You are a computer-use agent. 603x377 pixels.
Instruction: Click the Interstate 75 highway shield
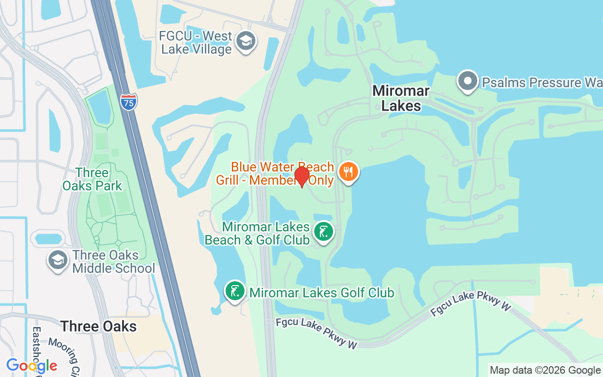(x=129, y=102)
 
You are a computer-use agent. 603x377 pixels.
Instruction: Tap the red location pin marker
(x=301, y=177)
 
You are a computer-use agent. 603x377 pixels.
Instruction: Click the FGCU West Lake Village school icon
(x=245, y=41)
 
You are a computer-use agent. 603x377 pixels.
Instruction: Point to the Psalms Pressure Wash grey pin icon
(x=467, y=82)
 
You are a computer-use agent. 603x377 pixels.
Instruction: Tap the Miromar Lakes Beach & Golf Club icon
(x=323, y=232)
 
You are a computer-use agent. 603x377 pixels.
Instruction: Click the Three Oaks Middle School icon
(x=58, y=260)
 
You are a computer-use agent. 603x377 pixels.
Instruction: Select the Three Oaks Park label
(x=92, y=179)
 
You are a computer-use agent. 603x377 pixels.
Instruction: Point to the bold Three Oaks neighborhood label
(x=98, y=326)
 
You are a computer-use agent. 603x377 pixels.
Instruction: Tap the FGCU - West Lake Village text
(x=196, y=42)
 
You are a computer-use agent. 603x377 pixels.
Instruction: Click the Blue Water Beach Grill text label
(x=275, y=173)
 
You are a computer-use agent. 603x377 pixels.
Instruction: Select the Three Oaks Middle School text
(x=114, y=262)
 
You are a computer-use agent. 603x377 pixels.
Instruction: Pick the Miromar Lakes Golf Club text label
(x=322, y=293)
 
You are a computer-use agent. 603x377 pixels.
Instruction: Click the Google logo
(x=32, y=366)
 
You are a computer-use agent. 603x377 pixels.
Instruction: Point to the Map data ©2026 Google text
(x=545, y=370)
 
